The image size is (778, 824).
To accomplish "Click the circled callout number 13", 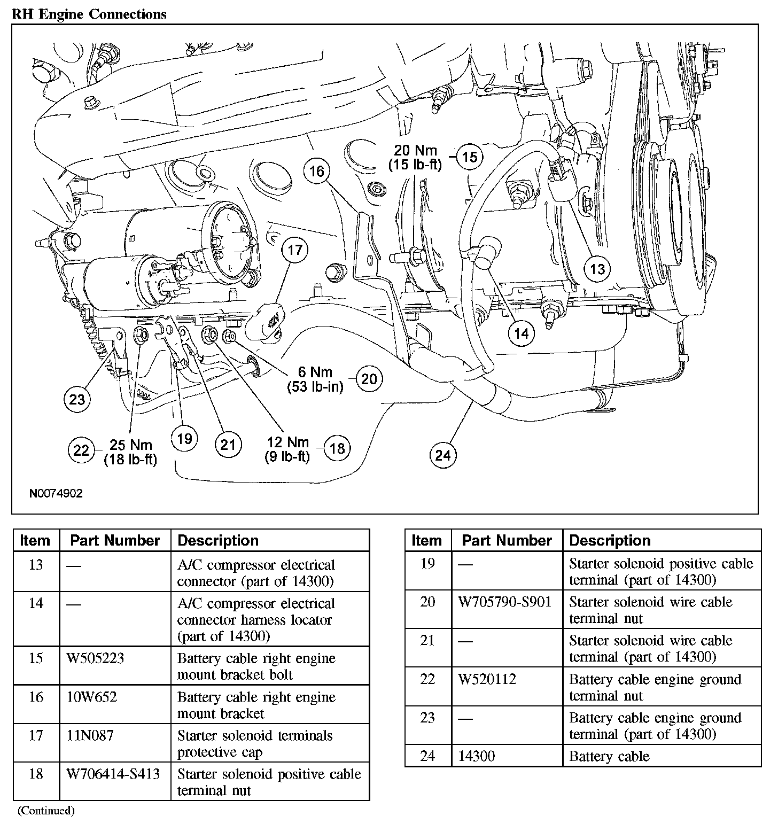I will [x=597, y=268].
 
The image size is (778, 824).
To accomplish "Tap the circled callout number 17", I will [x=295, y=250].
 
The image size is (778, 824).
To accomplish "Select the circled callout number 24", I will [x=443, y=455].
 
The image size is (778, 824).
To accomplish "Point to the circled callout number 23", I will [x=77, y=399].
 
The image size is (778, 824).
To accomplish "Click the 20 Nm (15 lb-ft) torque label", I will [x=415, y=158].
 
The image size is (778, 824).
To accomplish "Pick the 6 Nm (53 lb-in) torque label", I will [x=315, y=379].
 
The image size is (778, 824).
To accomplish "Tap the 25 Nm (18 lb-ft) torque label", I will [x=130, y=452].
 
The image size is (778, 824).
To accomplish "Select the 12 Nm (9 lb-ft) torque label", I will [x=287, y=449].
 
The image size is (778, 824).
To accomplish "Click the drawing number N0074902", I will [x=56, y=493].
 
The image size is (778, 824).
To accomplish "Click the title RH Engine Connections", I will [x=89, y=14].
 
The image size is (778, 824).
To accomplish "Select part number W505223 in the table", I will [x=95, y=658].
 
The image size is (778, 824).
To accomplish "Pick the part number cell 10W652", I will [x=91, y=697].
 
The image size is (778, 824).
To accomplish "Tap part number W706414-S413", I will [x=113, y=774].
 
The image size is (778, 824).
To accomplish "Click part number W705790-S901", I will [x=505, y=602].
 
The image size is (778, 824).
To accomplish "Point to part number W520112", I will [x=487, y=679].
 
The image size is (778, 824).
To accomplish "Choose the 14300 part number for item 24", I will [x=477, y=756].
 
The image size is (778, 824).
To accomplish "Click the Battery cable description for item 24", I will [x=609, y=756].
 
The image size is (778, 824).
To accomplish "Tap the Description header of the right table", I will [x=610, y=540].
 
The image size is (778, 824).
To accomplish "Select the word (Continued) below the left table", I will [x=46, y=811].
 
